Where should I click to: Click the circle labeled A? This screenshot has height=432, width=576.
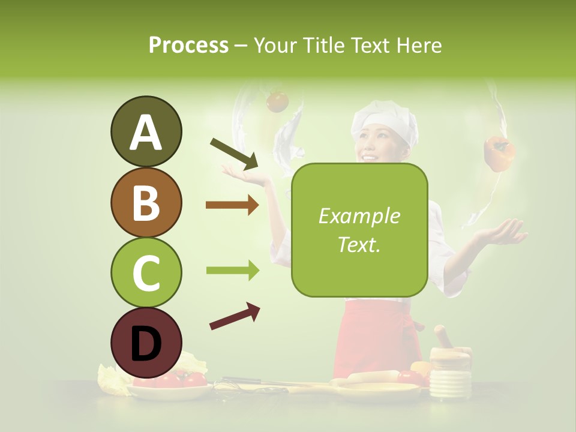(146, 131)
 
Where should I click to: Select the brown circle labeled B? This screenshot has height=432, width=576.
(146, 202)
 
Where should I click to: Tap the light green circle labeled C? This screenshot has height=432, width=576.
(146, 272)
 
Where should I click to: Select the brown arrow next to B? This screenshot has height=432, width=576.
(232, 206)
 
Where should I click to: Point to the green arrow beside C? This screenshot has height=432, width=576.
(232, 271)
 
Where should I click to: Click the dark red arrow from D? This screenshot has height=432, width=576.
(235, 317)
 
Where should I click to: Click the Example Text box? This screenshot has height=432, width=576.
(359, 230)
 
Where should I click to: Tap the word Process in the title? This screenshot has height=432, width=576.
(188, 45)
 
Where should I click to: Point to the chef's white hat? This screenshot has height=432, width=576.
(384, 120)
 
